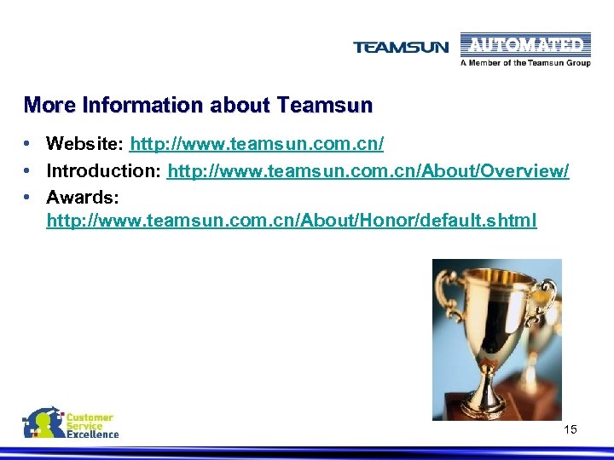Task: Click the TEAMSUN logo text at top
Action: tap(400, 48)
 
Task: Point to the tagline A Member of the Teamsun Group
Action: tap(525, 63)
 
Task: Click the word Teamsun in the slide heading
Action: tap(325, 106)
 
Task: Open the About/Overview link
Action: tap(368, 170)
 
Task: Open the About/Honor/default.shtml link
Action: tap(292, 221)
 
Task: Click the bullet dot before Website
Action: tap(28, 143)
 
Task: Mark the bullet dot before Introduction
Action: tap(28, 170)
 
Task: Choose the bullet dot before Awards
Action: tap(28, 197)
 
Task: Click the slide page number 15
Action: tap(571, 429)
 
